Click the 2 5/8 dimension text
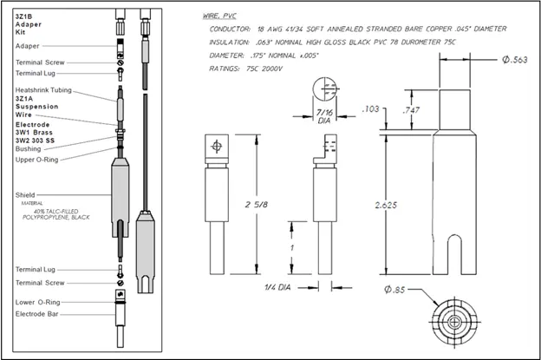pyautogui.click(x=253, y=205)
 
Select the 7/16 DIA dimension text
pyautogui.click(x=324, y=117)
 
